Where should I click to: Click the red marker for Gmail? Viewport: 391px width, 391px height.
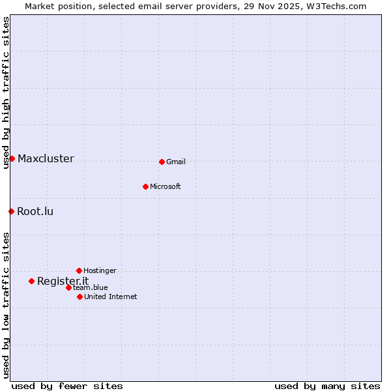162,162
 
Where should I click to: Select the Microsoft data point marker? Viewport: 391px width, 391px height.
145,186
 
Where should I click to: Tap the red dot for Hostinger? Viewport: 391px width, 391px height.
79,270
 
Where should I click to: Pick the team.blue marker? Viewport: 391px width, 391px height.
68,287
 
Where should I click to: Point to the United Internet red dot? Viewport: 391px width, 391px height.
80,297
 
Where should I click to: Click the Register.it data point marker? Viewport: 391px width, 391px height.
31,281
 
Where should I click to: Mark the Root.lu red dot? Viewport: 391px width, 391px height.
11,211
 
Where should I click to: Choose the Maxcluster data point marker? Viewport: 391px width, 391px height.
12,158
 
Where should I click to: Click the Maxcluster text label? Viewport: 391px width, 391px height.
46,158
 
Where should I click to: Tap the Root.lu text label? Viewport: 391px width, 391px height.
35,211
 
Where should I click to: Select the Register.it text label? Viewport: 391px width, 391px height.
63,281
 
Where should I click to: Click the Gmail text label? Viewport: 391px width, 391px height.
176,162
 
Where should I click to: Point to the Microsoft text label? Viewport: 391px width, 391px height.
166,186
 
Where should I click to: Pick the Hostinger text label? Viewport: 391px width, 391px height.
100,270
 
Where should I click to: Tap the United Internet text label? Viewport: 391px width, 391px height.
111,297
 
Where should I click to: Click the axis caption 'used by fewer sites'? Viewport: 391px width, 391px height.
67,386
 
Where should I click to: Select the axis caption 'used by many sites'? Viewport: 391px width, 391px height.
327,386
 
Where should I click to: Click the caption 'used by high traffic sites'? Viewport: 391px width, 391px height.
6,93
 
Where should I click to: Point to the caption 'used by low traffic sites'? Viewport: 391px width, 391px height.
6,305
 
